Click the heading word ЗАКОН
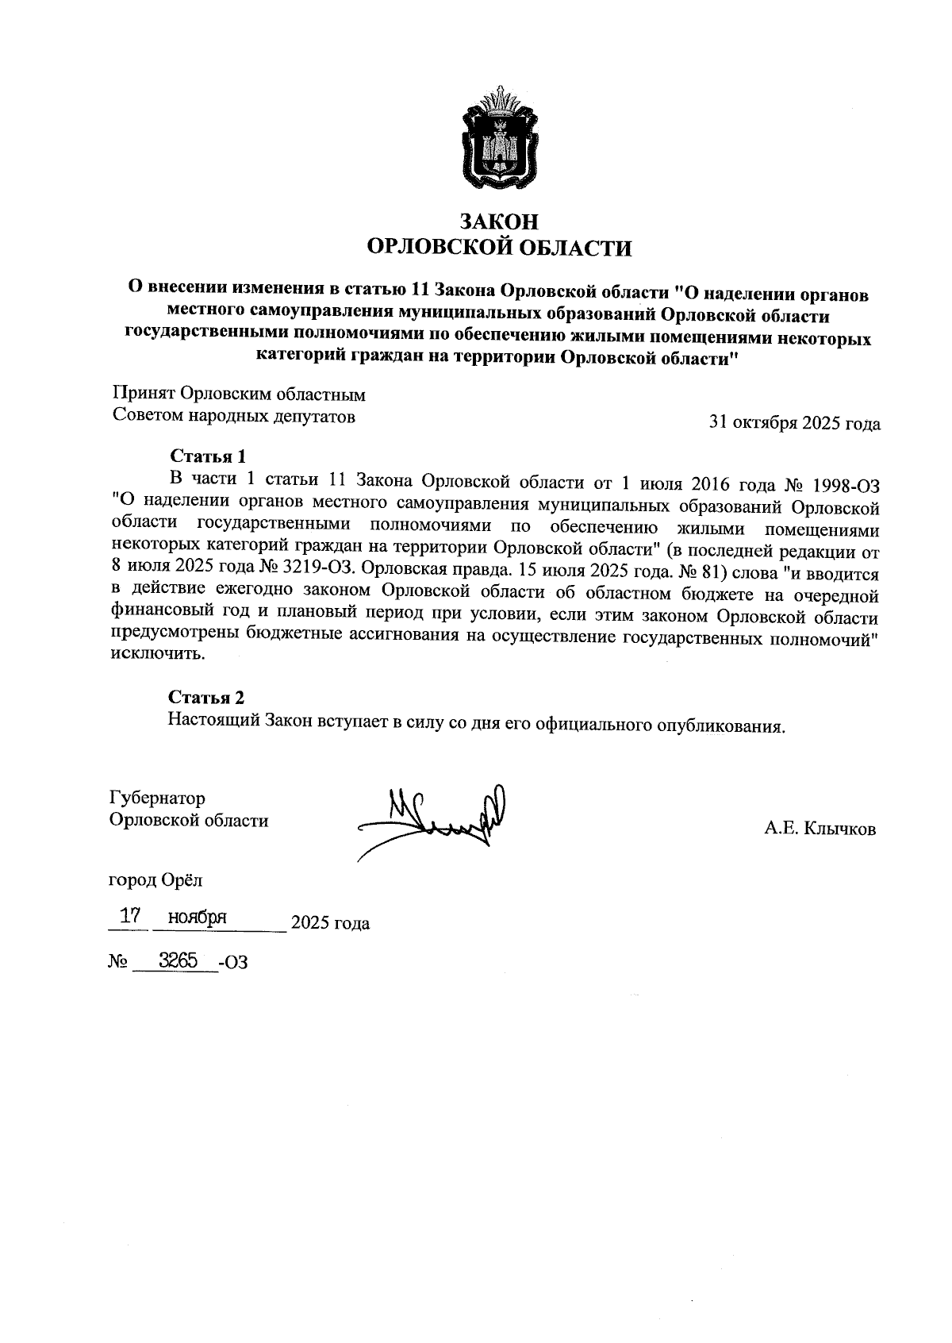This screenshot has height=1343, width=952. pos(499,221)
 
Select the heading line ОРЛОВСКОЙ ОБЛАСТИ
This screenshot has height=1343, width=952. pos(499,248)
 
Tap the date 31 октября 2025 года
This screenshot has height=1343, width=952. pos(794,423)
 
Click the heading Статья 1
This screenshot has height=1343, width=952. pos(207,456)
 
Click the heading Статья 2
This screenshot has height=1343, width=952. pos(206,697)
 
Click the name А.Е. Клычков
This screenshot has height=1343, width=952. pos(820,829)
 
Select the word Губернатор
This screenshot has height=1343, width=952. pos(158,798)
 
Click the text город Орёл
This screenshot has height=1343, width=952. pos(156,880)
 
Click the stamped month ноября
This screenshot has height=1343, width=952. pos(204,918)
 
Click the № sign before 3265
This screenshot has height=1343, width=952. pos(118,962)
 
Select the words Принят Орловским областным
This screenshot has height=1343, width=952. pos(239,394)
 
